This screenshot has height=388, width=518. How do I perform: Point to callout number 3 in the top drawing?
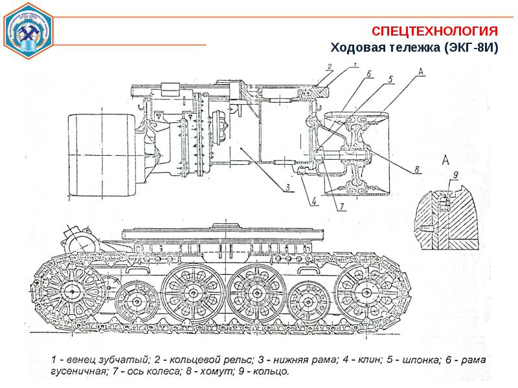point(286,189)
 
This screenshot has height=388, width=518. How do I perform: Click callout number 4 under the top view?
point(313,201)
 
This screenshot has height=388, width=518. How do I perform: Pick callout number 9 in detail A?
point(455,174)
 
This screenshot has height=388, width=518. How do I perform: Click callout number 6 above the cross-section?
point(369,74)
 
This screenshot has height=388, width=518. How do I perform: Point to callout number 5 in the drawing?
point(390,80)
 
